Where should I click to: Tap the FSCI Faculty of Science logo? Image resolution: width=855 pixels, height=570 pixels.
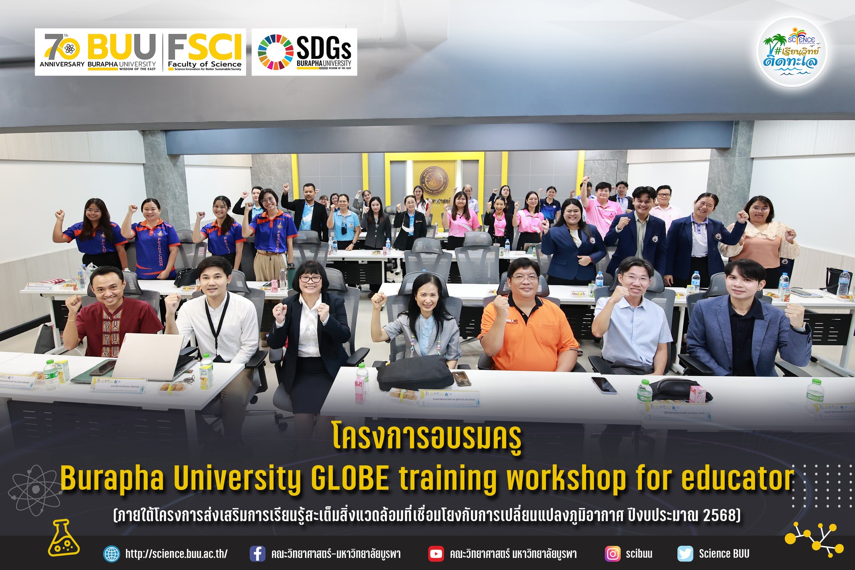pos(205,52)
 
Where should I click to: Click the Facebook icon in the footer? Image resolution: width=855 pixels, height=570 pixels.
pos(257,554)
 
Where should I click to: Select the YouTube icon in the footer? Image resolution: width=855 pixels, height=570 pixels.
pos(436,554)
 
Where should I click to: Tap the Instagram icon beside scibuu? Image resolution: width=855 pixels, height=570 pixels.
pos(612,554)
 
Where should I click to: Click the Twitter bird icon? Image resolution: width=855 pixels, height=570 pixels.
pos(685,554)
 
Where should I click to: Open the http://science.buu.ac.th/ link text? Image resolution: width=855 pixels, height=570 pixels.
pos(176,554)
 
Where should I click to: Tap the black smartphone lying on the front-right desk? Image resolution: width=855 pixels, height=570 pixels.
pos(604,385)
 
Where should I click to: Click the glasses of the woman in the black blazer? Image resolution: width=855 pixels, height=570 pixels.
pos(310,278)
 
